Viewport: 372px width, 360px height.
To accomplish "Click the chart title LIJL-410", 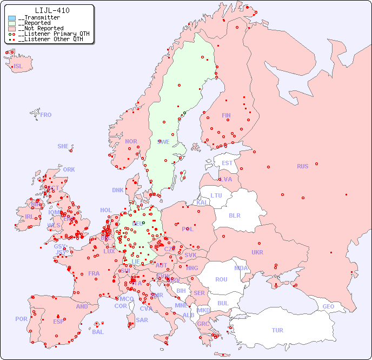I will (x=52, y=10).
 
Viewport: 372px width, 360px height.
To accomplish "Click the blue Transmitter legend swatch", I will (x=12, y=18).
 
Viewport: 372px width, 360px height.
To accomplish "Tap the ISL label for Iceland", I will (x=18, y=67).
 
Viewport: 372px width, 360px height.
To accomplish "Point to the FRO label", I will (x=46, y=115).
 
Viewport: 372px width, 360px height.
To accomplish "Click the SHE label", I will (x=63, y=146).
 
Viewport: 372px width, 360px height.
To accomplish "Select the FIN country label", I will (x=226, y=115).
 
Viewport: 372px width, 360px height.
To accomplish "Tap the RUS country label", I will (x=302, y=166).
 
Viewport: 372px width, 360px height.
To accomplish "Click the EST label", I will (x=227, y=163).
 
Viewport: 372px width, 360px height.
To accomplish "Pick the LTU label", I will (x=216, y=195).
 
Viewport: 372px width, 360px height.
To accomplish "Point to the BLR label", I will (x=234, y=215).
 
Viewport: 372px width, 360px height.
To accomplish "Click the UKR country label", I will (x=257, y=252).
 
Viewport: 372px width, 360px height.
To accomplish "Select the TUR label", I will (x=277, y=330).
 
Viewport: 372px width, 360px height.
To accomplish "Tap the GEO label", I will (x=328, y=306).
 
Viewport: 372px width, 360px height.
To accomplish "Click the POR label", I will (x=21, y=319).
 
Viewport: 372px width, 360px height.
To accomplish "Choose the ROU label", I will (x=221, y=279).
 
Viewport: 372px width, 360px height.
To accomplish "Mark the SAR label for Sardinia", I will (x=142, y=320).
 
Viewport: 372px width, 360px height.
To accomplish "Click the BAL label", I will (x=97, y=332).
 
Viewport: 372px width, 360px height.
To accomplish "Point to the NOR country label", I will (x=131, y=141).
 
